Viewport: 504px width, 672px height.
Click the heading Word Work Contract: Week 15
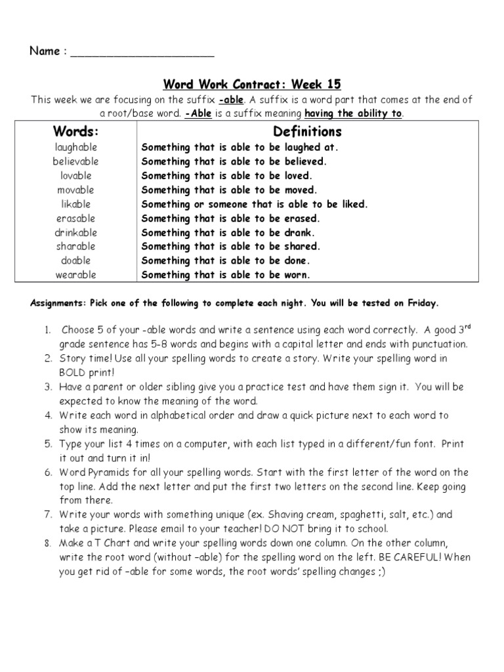252,85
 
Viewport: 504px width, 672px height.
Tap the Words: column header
76,132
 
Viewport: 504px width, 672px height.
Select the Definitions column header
307,132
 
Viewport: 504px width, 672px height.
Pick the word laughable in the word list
76,147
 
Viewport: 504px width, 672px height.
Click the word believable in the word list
76,161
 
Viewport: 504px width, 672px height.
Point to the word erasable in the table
76,218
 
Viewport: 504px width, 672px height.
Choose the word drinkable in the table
76,232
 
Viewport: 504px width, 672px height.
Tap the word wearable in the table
76,275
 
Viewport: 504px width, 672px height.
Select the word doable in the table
76,261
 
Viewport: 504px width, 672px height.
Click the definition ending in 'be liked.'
255,204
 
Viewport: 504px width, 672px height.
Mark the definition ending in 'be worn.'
226,275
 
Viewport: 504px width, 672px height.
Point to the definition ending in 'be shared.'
231,247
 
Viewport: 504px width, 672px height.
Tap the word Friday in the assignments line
423,303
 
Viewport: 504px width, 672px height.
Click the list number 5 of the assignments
48,444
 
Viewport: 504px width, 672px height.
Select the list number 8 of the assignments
48,543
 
